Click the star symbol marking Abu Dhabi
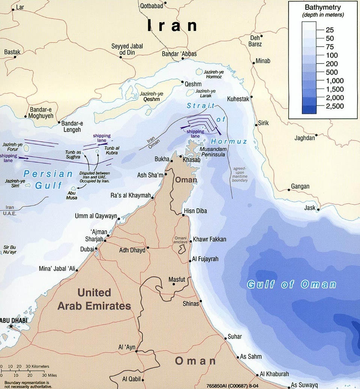pyautogui.click(x=11, y=327)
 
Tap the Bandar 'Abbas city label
pyautogui.click(x=179, y=54)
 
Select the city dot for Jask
pyautogui.click(x=318, y=210)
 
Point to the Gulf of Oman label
pyautogui.click(x=291, y=284)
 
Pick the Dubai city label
pyautogui.click(x=87, y=249)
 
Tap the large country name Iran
pyautogui.click(x=172, y=26)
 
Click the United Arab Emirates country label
pyautogui.click(x=94, y=299)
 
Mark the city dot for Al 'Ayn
pyautogui.click(x=136, y=351)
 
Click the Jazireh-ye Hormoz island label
pyautogui.click(x=213, y=74)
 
